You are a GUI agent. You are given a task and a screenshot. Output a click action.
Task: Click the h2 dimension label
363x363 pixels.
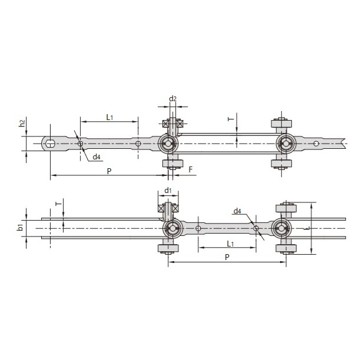pos(22,123)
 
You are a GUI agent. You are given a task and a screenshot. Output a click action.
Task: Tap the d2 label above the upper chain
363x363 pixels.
pos(173,99)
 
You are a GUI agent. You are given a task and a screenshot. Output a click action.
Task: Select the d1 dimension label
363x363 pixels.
pos(168,191)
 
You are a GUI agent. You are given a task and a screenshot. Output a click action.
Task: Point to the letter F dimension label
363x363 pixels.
pos(191,169)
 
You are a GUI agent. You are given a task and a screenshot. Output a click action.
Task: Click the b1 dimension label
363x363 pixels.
pos(21,228)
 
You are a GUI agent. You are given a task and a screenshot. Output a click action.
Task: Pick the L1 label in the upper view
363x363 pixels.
pos(110,118)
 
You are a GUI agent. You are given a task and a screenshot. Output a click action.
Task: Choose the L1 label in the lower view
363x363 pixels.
pos(230,244)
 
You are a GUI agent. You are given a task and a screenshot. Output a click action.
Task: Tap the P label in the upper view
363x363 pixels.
pos(109,171)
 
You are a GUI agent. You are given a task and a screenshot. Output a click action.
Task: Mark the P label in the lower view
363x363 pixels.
pos(227,257)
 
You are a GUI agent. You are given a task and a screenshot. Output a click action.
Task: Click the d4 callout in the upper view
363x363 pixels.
pos(96,157)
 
